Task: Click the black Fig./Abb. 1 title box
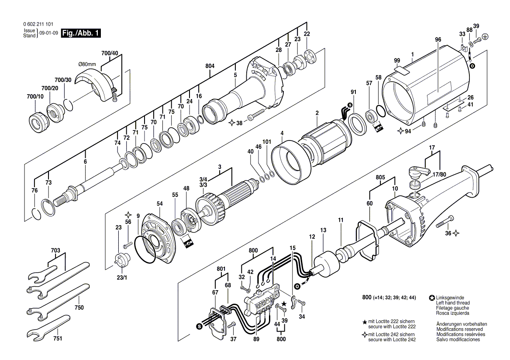(x=81, y=33)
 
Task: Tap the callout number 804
(x=210, y=66)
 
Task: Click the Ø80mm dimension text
(x=87, y=64)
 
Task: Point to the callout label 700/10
(x=35, y=96)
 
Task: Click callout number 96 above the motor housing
(x=438, y=40)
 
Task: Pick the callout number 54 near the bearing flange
(x=159, y=204)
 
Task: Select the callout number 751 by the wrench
(x=58, y=339)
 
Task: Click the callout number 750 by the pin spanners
(x=79, y=307)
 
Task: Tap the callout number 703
(x=55, y=250)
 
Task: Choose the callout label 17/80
(x=439, y=175)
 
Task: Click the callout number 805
(x=380, y=178)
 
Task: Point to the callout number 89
(x=257, y=339)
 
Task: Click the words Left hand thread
(x=453, y=303)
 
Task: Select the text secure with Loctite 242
(x=392, y=339)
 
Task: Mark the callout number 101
(x=267, y=142)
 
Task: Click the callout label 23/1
(x=122, y=278)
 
